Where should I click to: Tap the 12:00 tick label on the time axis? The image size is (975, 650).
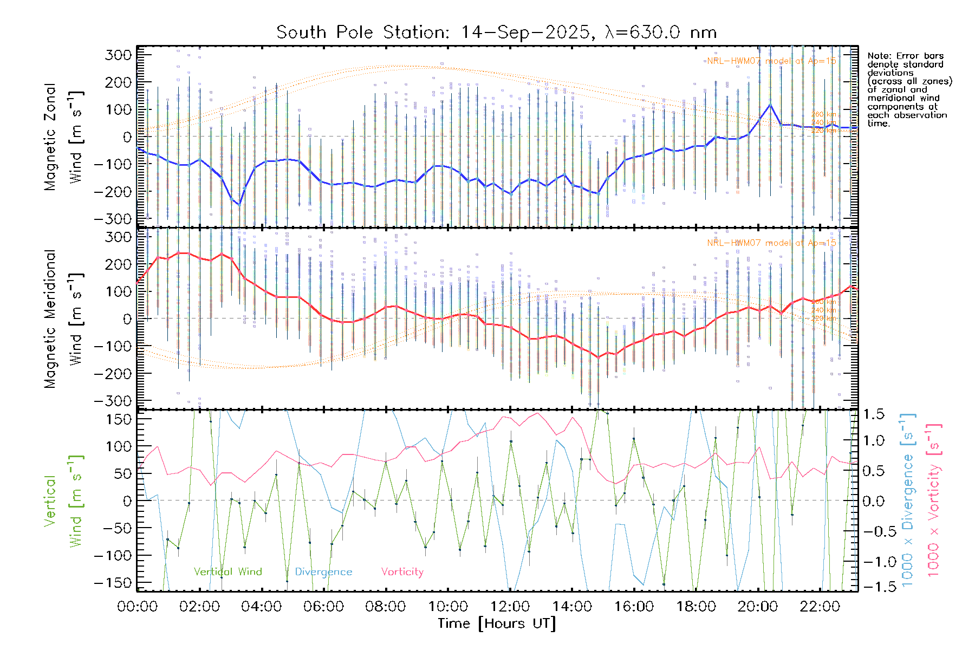(510, 607)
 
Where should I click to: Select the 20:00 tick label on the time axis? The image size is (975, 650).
(758, 607)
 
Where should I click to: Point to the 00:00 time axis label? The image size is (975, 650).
(138, 607)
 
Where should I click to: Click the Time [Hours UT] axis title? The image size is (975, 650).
(497, 624)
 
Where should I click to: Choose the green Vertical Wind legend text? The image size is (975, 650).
(227, 572)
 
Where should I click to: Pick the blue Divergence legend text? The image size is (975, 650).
(323, 572)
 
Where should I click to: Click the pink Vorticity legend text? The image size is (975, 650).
(402, 572)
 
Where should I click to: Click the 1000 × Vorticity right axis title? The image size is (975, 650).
(933, 500)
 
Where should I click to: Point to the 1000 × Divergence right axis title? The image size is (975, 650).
(908, 500)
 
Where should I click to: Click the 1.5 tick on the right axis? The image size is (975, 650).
(873, 414)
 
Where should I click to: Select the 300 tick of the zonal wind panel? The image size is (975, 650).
(118, 55)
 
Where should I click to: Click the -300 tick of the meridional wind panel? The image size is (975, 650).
(113, 401)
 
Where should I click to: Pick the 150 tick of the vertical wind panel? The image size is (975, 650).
(118, 419)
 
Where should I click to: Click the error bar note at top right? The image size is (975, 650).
(909, 89)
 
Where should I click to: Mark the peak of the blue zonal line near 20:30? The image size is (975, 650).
(770, 104)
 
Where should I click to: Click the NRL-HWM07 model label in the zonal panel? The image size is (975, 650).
(771, 61)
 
